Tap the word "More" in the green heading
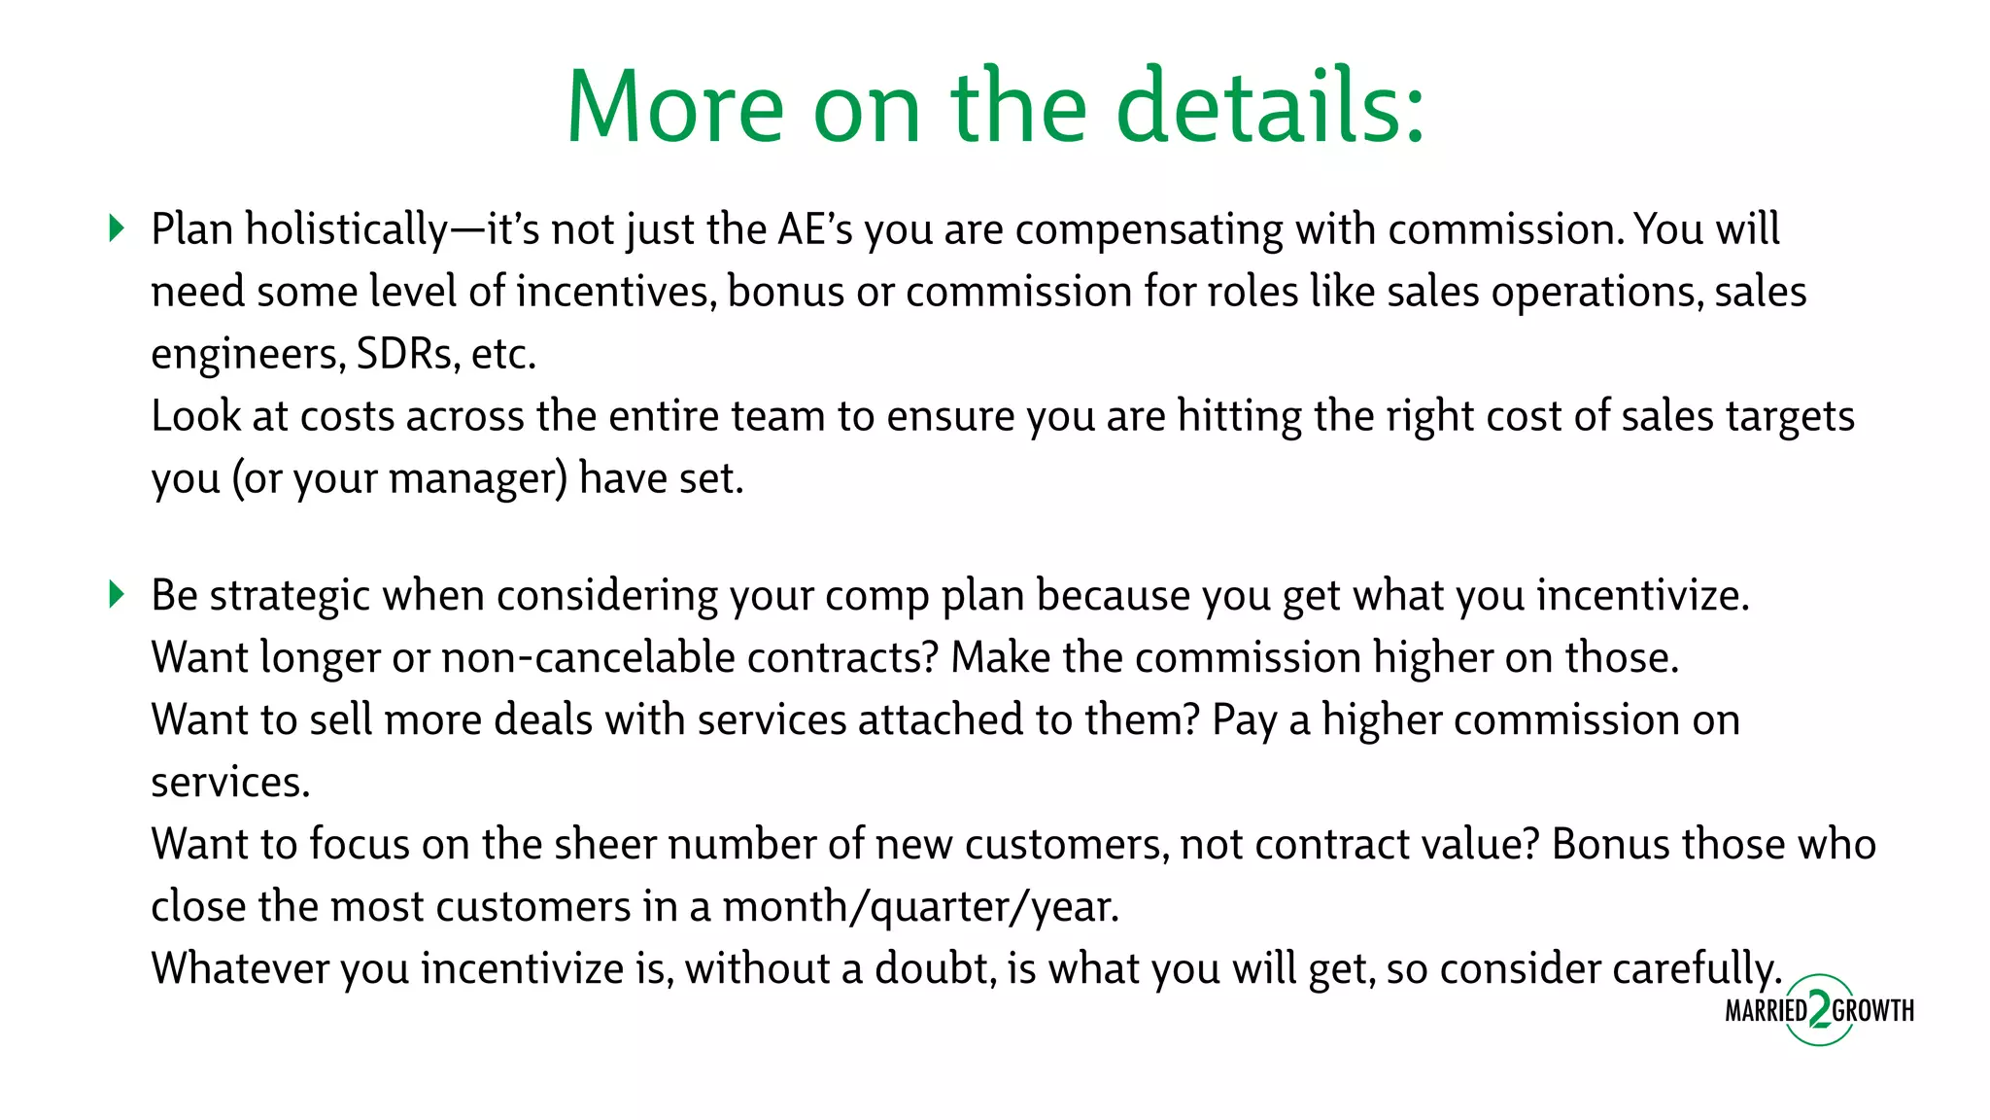point(674,107)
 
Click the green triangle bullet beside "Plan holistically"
point(117,228)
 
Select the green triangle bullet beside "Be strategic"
point(117,594)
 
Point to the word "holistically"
point(346,230)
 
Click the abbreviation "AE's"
point(814,228)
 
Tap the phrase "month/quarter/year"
point(920,907)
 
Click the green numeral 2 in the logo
point(1819,1010)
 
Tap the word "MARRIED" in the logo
point(1766,1011)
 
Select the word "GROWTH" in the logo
point(1873,1011)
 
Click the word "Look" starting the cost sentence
point(195,416)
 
